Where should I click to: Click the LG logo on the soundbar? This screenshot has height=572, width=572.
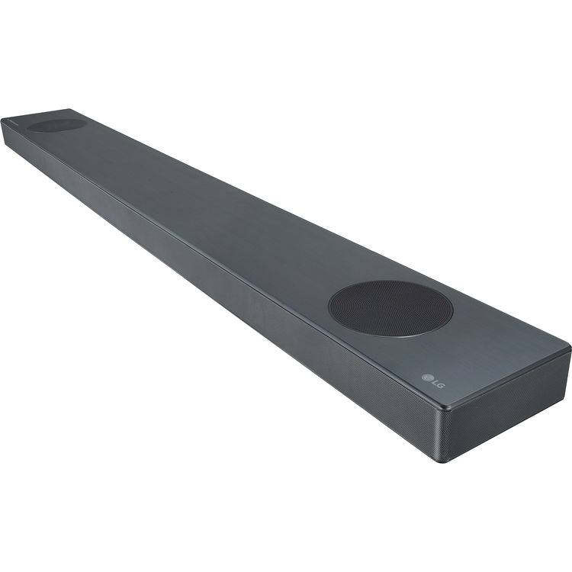pos(432,378)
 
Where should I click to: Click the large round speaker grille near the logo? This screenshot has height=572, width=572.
pos(390,308)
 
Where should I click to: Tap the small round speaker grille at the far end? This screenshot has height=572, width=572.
pos(57,124)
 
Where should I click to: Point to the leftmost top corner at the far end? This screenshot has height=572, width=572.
pos(3,119)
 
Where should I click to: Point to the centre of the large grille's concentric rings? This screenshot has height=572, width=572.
pos(390,308)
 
